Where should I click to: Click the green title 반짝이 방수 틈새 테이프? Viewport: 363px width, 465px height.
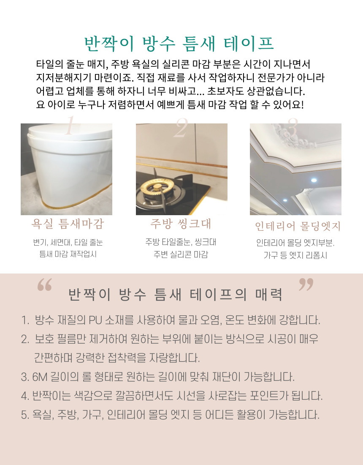179,44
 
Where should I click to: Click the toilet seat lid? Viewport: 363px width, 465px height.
70,132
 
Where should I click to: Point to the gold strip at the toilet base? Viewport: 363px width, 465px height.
76,202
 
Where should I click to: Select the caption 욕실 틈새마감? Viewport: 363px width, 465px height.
68,224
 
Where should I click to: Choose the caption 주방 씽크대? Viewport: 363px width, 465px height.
181,224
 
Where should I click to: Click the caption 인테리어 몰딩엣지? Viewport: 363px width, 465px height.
298,226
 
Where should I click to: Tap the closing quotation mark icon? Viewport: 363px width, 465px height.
306,284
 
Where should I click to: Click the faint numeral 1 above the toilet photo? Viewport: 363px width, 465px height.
70,126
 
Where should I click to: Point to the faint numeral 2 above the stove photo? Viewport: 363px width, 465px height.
181,128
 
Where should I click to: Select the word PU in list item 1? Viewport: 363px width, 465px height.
95,320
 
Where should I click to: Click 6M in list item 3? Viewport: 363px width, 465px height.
40,377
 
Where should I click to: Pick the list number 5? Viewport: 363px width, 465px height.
25,415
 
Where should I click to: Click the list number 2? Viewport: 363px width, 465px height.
25,339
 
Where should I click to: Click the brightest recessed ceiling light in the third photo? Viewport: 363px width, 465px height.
314,180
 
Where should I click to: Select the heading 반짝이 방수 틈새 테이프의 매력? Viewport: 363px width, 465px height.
175,295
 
